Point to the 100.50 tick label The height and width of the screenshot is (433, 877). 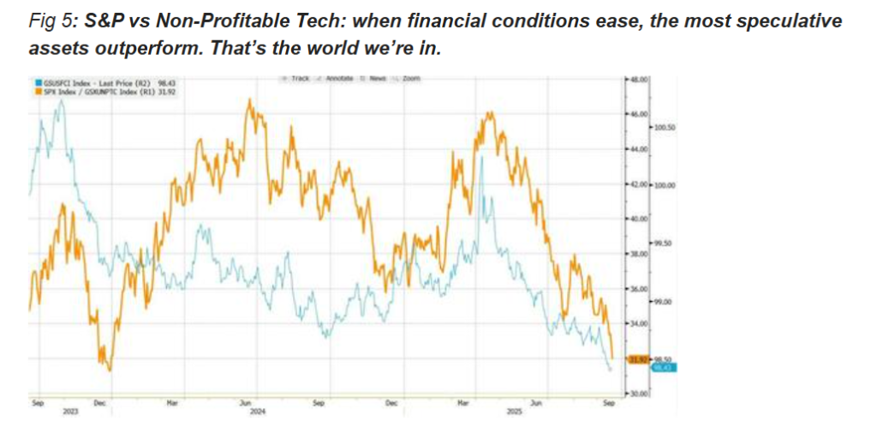pos(665,127)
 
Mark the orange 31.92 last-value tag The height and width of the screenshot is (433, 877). pos(639,359)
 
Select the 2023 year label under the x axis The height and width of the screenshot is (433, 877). pos(70,412)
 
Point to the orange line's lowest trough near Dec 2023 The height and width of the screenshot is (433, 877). pos(109,370)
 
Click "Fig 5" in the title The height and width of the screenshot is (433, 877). pos(50,20)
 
